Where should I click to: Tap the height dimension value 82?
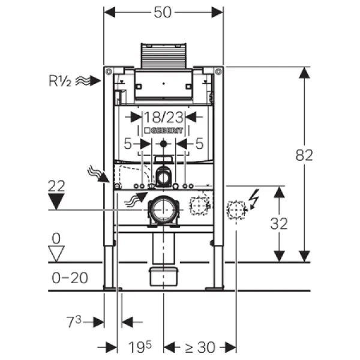coord(304,155)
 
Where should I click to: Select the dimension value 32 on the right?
coord(279,224)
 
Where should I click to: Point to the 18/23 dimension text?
coord(163,116)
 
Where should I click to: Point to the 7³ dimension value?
coord(74,322)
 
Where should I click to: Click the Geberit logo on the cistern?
coord(163,130)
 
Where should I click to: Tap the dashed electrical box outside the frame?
coord(236,209)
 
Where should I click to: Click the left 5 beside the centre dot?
coord(127,144)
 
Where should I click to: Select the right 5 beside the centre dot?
coord(199,144)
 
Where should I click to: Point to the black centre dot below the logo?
coord(163,144)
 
